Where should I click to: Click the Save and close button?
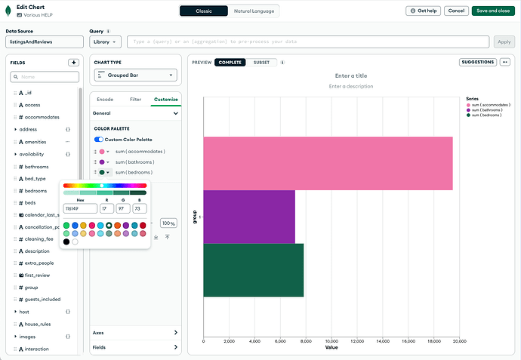point(491,11)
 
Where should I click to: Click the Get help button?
point(423,11)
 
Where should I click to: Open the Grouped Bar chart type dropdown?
point(136,75)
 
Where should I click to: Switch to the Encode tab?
point(105,99)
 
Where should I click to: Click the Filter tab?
point(135,99)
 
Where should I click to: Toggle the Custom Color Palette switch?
point(98,140)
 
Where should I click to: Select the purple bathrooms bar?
point(249,217)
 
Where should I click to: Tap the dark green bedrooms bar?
point(253,269)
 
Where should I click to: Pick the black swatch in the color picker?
point(66,242)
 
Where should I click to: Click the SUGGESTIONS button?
point(477,62)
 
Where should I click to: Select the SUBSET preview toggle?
point(261,62)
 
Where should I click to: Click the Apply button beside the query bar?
point(502,42)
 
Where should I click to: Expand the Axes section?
point(135,332)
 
